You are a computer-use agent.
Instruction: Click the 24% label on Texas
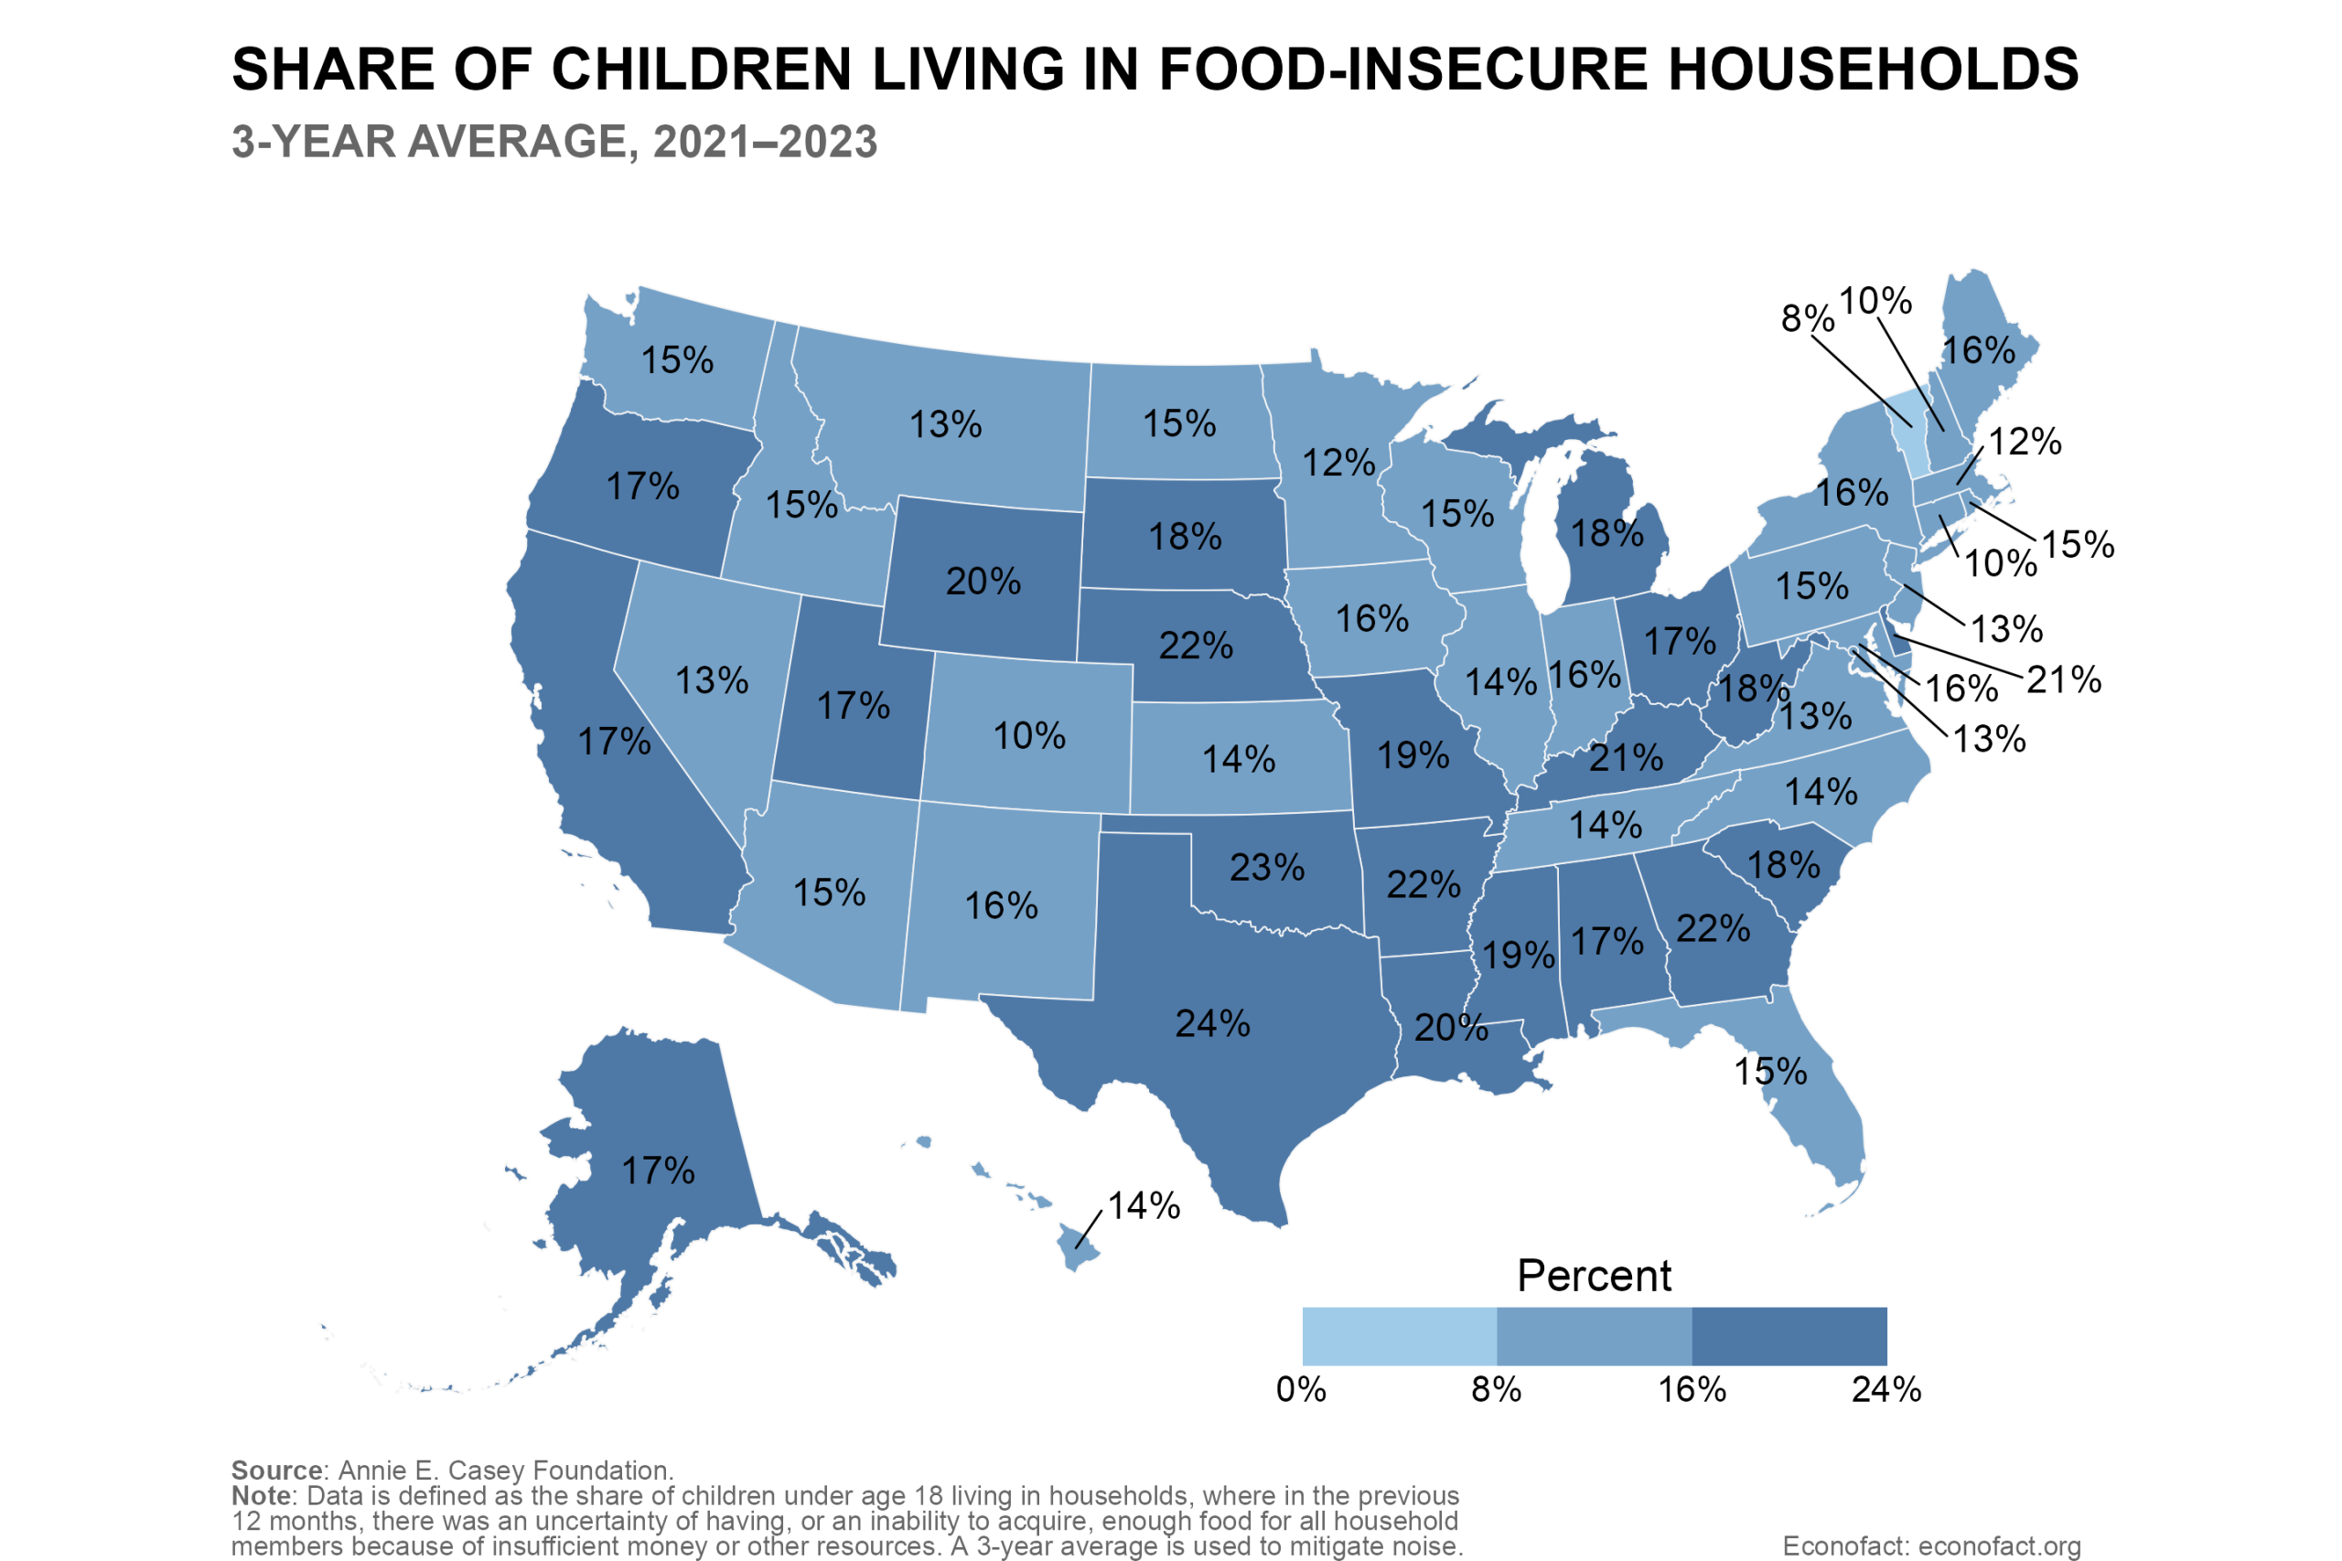coord(1212,1023)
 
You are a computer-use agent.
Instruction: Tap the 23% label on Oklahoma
coord(1266,867)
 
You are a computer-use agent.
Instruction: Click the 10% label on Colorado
coord(1028,736)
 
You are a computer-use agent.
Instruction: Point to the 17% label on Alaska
coord(658,1171)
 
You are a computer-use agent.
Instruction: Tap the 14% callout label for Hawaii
coord(1144,1205)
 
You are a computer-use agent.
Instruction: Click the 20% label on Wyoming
coord(983,582)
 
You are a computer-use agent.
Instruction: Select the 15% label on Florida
coord(1770,1071)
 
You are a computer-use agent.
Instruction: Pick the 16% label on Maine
coord(1979,350)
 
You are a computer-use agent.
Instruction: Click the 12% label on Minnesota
coord(1339,463)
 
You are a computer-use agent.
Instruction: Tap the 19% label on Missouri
coord(1413,755)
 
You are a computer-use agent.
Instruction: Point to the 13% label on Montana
coord(945,425)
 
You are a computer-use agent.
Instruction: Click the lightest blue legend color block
coord(1399,1336)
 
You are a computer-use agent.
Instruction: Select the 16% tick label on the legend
coord(1691,1390)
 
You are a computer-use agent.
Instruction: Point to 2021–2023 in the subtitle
coord(765,143)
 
